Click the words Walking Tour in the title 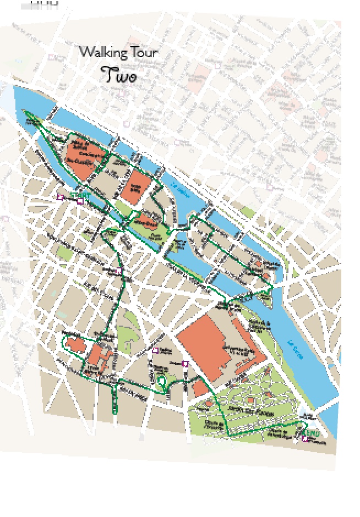point(118,53)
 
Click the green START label point(80,195)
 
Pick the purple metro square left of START point(61,196)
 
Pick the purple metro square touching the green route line point(119,271)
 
